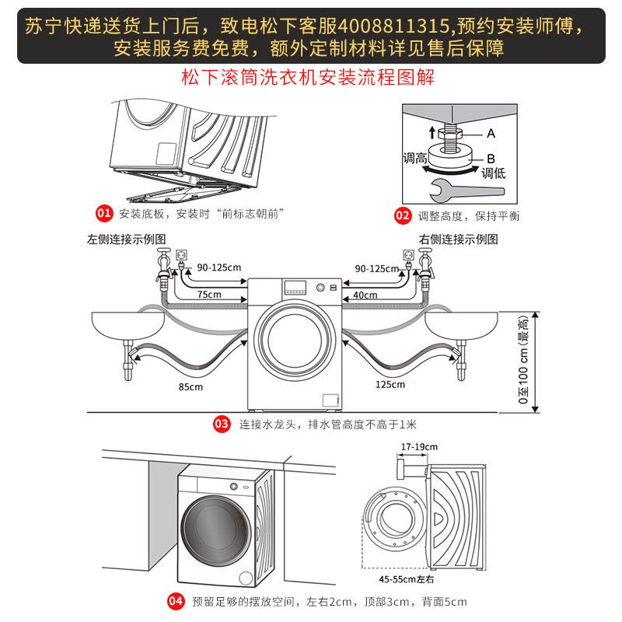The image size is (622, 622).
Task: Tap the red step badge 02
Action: (x=402, y=215)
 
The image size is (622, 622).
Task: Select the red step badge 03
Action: (x=222, y=425)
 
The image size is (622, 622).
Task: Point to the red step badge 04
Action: (x=176, y=601)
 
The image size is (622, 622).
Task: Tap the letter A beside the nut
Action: (x=491, y=133)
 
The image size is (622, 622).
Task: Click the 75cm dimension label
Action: (x=208, y=295)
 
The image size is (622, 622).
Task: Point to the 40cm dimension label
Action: (x=365, y=295)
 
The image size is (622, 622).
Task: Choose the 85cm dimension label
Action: (x=190, y=386)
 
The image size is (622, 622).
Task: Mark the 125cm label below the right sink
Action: (x=389, y=384)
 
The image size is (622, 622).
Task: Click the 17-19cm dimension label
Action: (x=419, y=446)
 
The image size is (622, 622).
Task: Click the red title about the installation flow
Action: (x=308, y=78)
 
